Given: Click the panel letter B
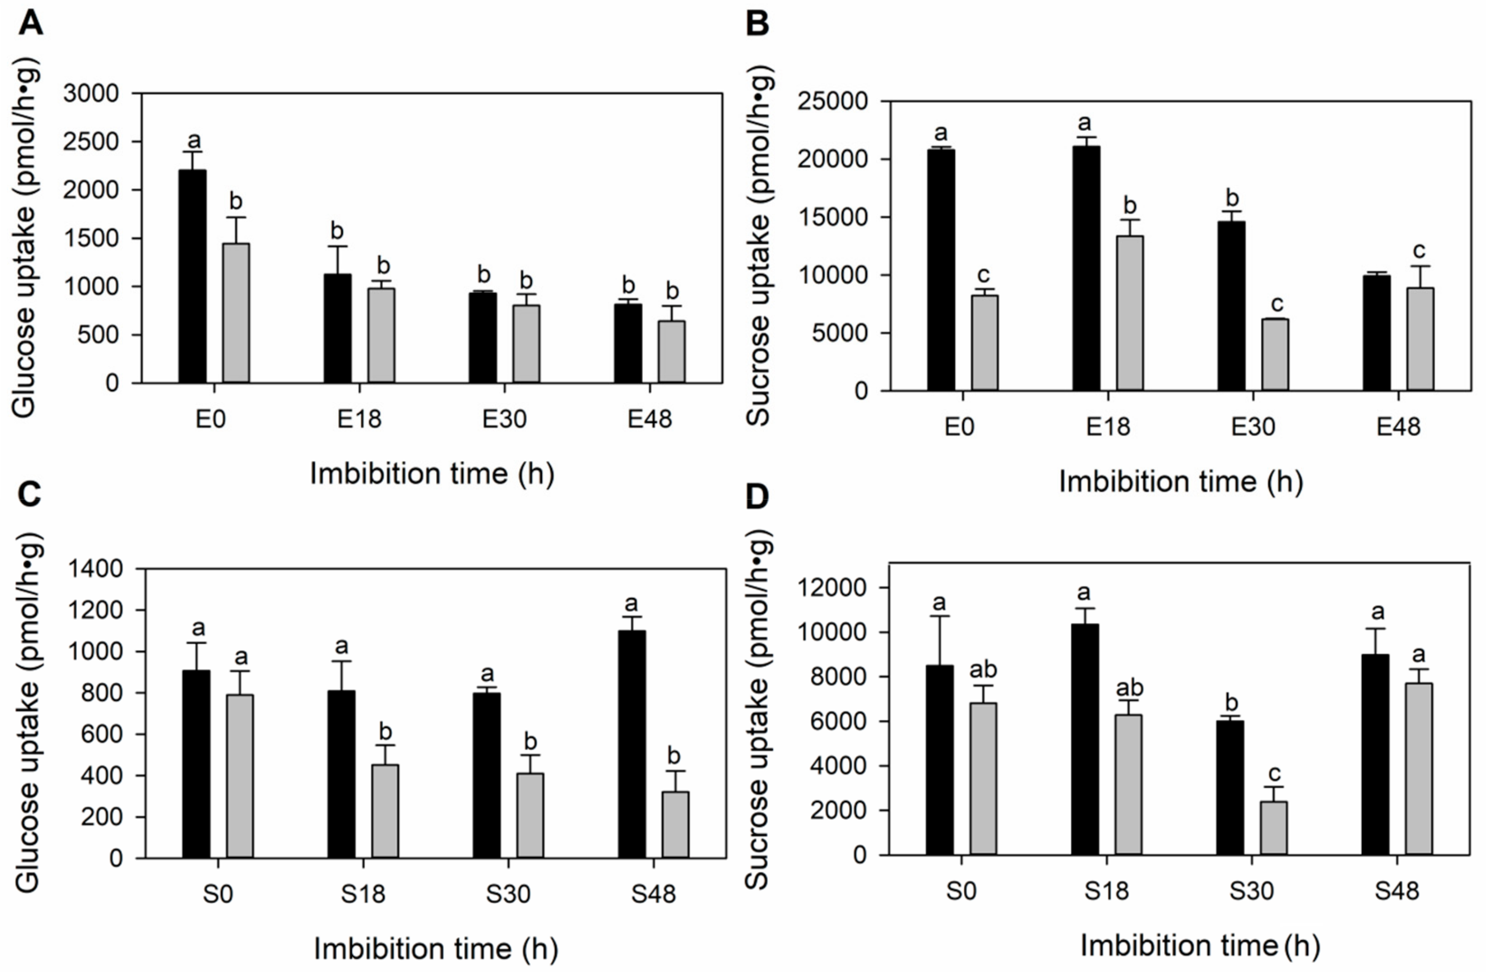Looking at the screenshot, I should tap(757, 24).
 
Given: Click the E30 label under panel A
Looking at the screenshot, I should tap(504, 419).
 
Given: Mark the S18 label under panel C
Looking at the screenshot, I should tap(363, 895).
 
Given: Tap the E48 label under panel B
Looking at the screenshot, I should tap(1398, 427).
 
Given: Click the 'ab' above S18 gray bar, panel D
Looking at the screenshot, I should tap(1129, 688).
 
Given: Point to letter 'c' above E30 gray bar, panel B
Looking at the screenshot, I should tap(1277, 304).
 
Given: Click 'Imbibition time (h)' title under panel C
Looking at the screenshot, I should tap(435, 949).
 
